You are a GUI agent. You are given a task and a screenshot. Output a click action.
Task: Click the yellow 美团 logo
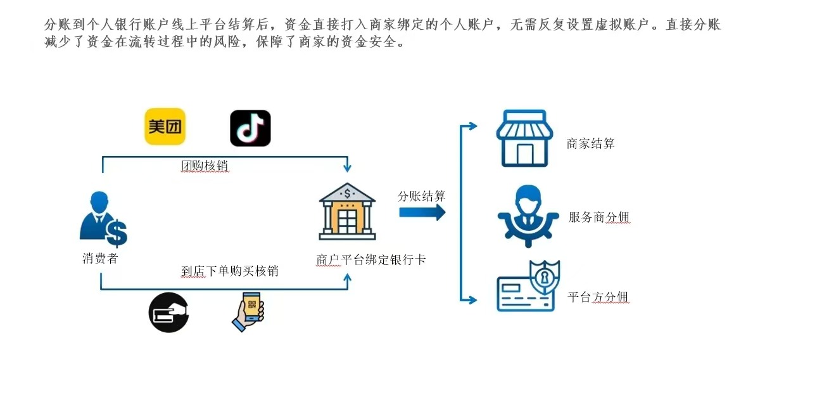(x=165, y=127)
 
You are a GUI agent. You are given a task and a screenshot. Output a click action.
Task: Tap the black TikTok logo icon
(x=250, y=128)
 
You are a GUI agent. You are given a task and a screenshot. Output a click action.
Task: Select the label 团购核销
(x=205, y=166)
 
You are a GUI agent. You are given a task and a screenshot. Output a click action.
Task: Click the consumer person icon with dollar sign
(x=103, y=219)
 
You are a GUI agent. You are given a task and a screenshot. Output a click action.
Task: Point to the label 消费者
(x=100, y=259)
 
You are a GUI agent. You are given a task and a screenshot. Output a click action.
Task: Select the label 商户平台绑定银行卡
(x=370, y=259)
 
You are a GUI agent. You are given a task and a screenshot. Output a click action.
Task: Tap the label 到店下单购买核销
(x=230, y=271)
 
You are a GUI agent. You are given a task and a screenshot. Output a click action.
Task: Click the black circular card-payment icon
(x=168, y=312)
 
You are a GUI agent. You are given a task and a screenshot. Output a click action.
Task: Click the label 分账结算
(x=422, y=196)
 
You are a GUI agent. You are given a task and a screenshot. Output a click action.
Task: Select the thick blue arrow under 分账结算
(x=422, y=212)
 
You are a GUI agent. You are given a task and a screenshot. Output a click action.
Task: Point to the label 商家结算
(x=590, y=143)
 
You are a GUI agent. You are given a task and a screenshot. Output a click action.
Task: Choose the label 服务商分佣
(x=598, y=218)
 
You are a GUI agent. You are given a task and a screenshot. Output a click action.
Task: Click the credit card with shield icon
(x=528, y=287)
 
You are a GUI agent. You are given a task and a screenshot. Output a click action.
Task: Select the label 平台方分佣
(x=598, y=297)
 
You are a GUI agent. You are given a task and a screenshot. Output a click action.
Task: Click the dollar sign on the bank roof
(x=347, y=193)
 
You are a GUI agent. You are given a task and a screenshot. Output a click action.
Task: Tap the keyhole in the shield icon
(x=544, y=277)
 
